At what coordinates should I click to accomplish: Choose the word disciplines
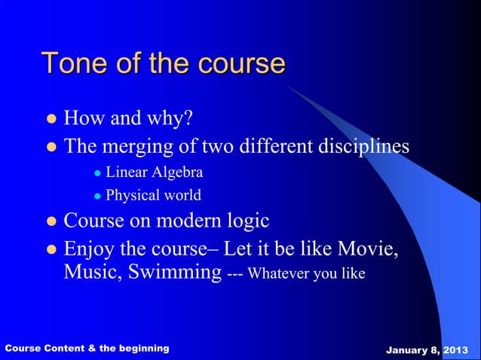tap(361, 145)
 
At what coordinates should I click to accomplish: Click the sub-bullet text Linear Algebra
tap(154, 172)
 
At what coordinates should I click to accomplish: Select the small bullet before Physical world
tap(97, 197)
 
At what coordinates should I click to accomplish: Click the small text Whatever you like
tap(306, 274)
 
